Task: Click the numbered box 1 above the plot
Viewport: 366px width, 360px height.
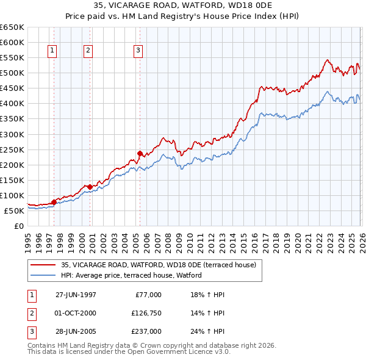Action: coord(53,51)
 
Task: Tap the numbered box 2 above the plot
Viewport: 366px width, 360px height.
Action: coord(88,51)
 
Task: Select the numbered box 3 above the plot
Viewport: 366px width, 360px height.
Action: coord(138,51)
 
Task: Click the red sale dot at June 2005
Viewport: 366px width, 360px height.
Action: coord(140,153)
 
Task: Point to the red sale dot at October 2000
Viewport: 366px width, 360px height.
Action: coord(90,187)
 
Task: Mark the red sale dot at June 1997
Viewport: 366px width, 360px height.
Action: coord(54,202)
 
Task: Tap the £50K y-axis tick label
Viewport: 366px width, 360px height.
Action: coord(14,211)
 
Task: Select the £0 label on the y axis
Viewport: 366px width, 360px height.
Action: coord(19,226)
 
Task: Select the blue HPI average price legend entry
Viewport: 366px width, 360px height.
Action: coord(135,276)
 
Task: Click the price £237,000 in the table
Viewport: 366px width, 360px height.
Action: coord(146,331)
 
